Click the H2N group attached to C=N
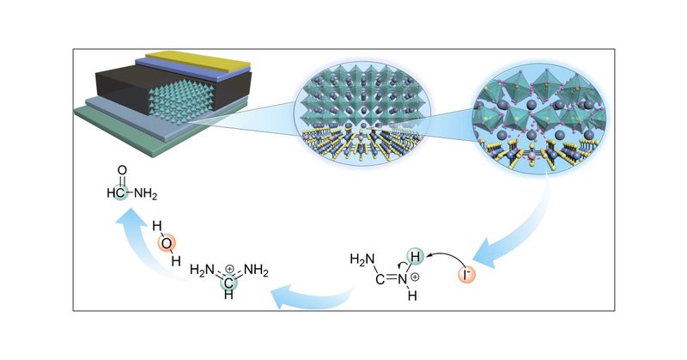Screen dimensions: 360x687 (x=361, y=256)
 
